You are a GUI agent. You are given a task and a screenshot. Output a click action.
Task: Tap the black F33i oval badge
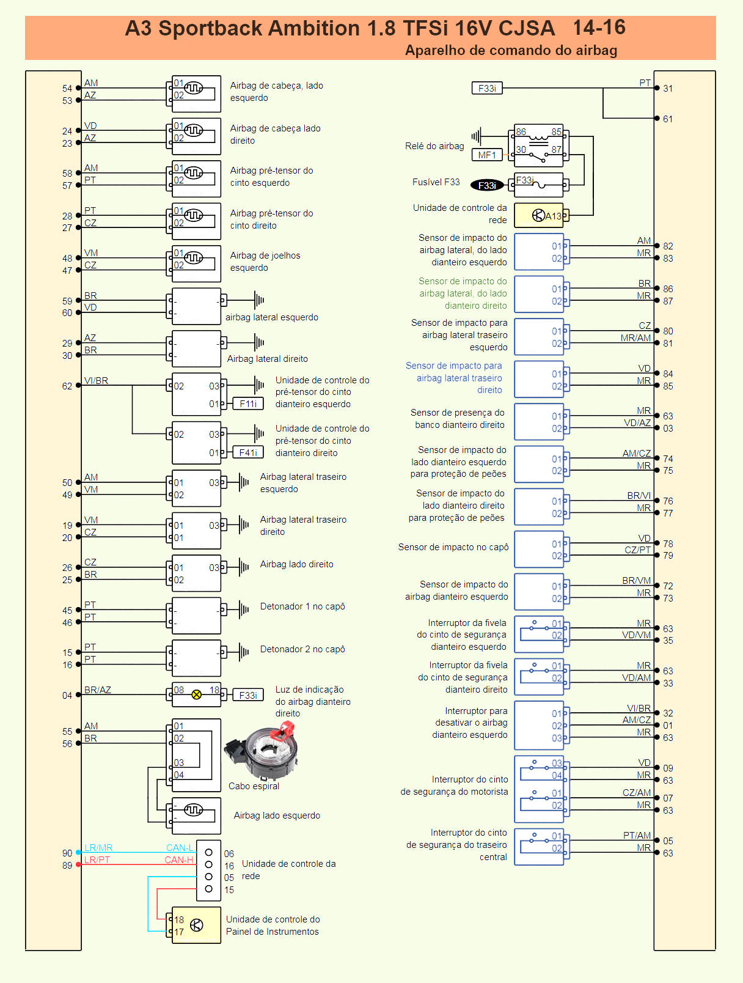point(487,185)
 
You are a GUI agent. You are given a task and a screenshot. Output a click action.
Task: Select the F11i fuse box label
point(248,403)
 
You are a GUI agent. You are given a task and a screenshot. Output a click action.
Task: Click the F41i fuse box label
point(248,452)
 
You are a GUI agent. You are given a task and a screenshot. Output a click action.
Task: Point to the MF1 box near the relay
point(487,155)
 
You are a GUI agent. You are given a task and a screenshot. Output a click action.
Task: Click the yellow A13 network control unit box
point(539,215)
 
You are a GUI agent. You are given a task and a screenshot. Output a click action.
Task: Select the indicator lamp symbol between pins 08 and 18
point(196,694)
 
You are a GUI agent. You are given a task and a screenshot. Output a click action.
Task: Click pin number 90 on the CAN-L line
point(67,853)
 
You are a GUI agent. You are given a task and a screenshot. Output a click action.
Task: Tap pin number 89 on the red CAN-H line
point(67,865)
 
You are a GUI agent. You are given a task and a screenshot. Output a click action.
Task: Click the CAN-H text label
point(178,860)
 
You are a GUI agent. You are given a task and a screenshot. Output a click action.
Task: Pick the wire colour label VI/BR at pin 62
point(96,380)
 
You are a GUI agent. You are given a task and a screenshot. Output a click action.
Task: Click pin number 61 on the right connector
point(668,119)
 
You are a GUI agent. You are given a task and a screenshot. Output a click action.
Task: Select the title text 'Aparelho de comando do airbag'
point(511,50)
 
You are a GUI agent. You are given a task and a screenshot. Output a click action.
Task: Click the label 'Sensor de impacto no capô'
point(453,547)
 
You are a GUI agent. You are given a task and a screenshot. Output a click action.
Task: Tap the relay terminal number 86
point(521,131)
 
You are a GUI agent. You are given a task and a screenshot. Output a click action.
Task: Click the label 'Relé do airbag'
point(434,146)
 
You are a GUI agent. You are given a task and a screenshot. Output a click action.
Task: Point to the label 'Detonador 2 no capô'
point(302,649)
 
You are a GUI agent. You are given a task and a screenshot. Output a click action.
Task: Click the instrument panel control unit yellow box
point(196,925)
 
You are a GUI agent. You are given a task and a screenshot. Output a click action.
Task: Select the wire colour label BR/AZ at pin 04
point(98,690)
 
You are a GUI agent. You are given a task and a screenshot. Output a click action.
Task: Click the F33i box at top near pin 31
point(487,88)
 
